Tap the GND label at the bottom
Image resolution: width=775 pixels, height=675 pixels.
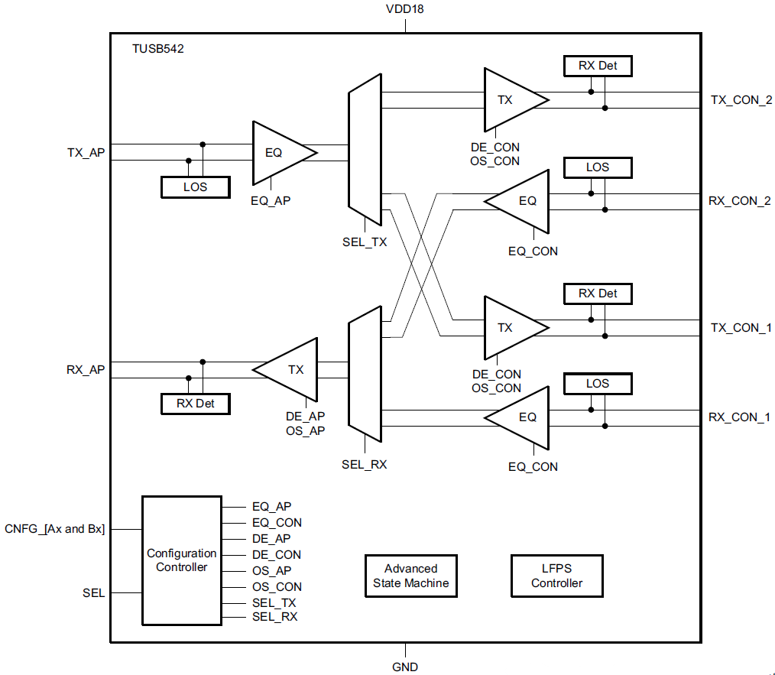coord(405,667)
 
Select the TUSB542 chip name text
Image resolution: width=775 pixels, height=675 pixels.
coord(158,48)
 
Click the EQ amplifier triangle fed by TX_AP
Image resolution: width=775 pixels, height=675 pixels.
coord(279,152)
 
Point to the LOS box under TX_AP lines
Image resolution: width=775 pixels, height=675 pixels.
coord(195,187)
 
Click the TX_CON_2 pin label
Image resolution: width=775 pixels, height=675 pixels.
coord(741,100)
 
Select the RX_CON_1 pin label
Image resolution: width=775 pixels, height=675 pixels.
coord(738,417)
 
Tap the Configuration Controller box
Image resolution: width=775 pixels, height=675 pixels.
coord(181,560)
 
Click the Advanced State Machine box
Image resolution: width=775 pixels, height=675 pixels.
coord(411,576)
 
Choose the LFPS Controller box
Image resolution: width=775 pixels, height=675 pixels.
coord(556,576)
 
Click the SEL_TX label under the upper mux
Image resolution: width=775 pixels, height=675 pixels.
coord(365,242)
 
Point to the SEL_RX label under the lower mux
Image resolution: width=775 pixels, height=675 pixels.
coord(365,464)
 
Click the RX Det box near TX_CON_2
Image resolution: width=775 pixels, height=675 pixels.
coord(598,66)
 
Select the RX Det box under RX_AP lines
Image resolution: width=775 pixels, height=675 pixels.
coord(195,403)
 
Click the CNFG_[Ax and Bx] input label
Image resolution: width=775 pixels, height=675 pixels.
coord(55,528)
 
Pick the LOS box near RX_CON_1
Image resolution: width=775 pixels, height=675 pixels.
coord(598,383)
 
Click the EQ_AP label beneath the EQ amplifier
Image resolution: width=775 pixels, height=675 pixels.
coord(271,201)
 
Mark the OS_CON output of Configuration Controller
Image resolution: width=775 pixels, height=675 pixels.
coord(277,586)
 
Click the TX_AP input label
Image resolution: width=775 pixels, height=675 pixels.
coord(86,152)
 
